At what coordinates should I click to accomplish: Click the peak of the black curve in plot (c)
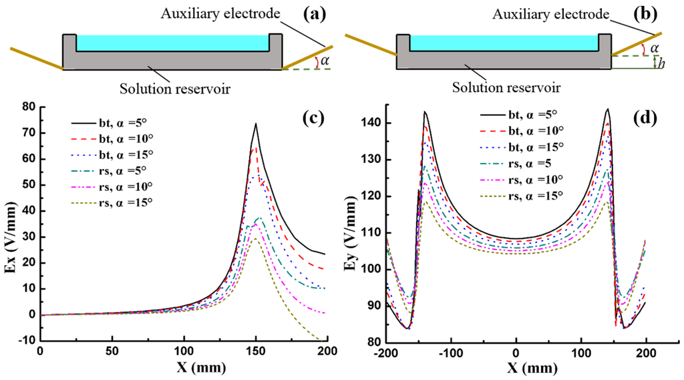(x=255, y=124)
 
